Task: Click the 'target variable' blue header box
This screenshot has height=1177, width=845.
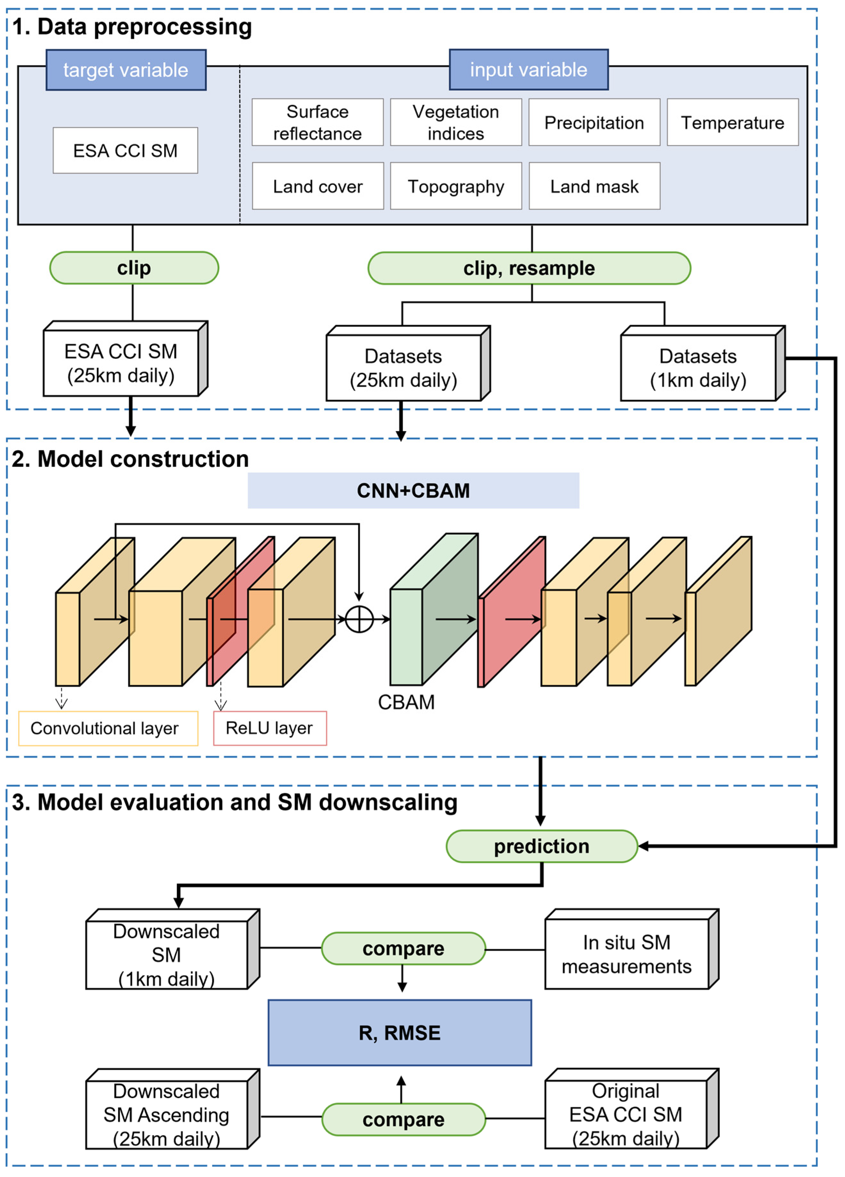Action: (x=126, y=70)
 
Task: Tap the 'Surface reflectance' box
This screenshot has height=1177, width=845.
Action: (x=317, y=123)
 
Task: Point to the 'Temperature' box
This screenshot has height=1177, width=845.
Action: (x=732, y=123)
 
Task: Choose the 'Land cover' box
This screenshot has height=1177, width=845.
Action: (x=317, y=186)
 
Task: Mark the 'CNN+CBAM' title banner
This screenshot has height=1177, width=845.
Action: (x=413, y=490)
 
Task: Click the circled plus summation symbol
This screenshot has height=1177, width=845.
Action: (x=359, y=619)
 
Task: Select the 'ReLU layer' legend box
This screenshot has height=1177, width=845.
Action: (x=270, y=728)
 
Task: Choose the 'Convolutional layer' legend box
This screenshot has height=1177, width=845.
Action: (x=108, y=728)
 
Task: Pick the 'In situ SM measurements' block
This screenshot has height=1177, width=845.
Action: (x=626, y=954)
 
